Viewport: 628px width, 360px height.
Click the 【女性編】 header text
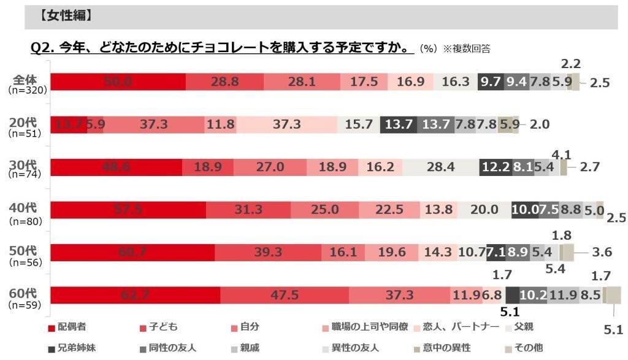(x=66, y=17)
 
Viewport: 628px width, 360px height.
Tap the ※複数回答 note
(x=464, y=48)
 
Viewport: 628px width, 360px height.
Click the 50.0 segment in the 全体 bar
(x=118, y=82)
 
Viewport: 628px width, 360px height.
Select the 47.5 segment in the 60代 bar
(x=284, y=295)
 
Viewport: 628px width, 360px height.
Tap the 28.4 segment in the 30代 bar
(x=440, y=167)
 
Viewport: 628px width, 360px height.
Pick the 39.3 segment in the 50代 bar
(x=268, y=252)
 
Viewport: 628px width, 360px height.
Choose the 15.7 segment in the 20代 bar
(x=359, y=124)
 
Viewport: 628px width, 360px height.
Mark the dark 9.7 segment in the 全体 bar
(x=490, y=82)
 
